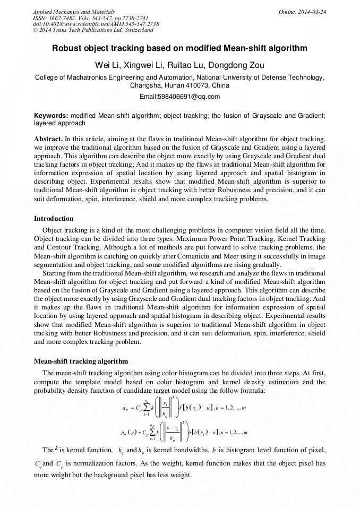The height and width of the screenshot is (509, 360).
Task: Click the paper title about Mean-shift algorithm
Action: (179, 48)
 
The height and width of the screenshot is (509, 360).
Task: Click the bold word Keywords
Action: (51, 115)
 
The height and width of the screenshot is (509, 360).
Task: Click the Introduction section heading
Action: (54, 219)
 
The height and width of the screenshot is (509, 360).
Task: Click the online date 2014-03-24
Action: (313, 12)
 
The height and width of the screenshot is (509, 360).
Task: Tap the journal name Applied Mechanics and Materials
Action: (74, 12)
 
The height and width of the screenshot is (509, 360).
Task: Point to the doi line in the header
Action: (96, 24)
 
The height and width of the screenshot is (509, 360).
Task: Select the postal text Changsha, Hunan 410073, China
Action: (179, 85)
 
